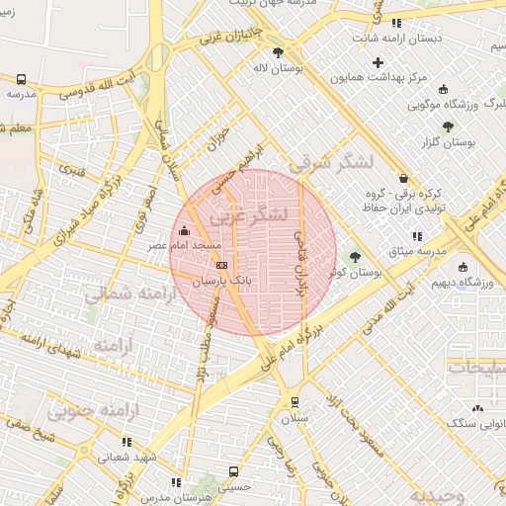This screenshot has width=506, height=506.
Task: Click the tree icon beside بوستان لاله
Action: click(280, 51)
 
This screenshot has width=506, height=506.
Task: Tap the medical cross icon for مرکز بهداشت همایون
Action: click(377, 61)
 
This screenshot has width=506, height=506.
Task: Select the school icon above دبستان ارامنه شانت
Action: click(396, 23)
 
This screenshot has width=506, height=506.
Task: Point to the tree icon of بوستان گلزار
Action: click(448, 126)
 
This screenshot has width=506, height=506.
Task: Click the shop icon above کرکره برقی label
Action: click(402, 179)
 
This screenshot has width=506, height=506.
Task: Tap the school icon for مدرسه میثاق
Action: click(417, 236)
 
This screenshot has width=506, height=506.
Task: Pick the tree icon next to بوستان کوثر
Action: click(355, 258)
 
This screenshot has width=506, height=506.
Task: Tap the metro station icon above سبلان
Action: click(295, 401)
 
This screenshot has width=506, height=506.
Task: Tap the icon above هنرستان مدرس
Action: click(176, 482)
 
